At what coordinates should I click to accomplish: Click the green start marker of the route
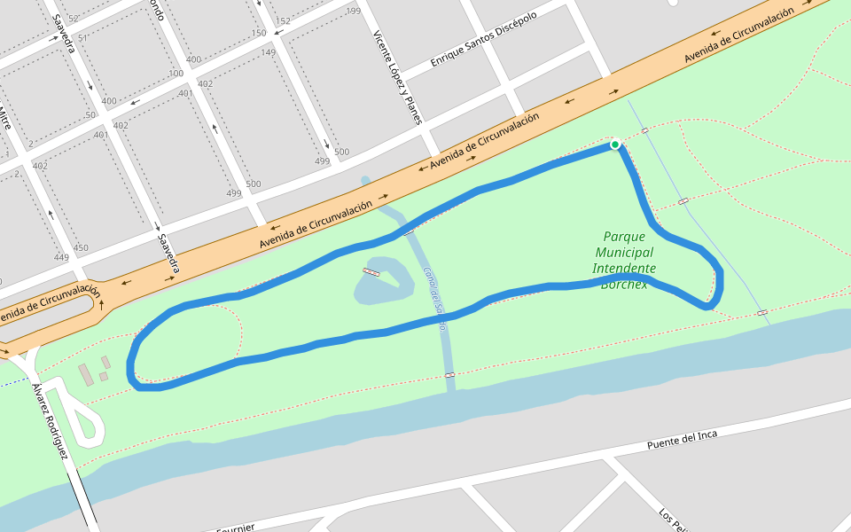tap(614, 144)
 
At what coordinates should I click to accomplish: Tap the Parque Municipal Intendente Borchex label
tap(624, 260)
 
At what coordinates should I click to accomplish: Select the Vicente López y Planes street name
tap(397, 77)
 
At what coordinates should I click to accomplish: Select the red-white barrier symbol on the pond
tap(371, 271)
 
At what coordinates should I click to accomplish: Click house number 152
tap(283, 21)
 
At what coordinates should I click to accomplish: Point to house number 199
tap(353, 12)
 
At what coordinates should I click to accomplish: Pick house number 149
tap(268, 52)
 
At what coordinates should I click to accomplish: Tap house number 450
tap(81, 248)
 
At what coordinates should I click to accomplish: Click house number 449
tap(61, 258)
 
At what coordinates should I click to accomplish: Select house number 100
tap(176, 74)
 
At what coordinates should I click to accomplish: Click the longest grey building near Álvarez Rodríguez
tap(85, 374)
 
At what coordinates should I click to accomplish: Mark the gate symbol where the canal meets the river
tap(449, 375)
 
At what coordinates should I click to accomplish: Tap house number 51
tap(82, 39)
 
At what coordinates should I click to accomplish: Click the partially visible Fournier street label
tap(236, 527)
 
